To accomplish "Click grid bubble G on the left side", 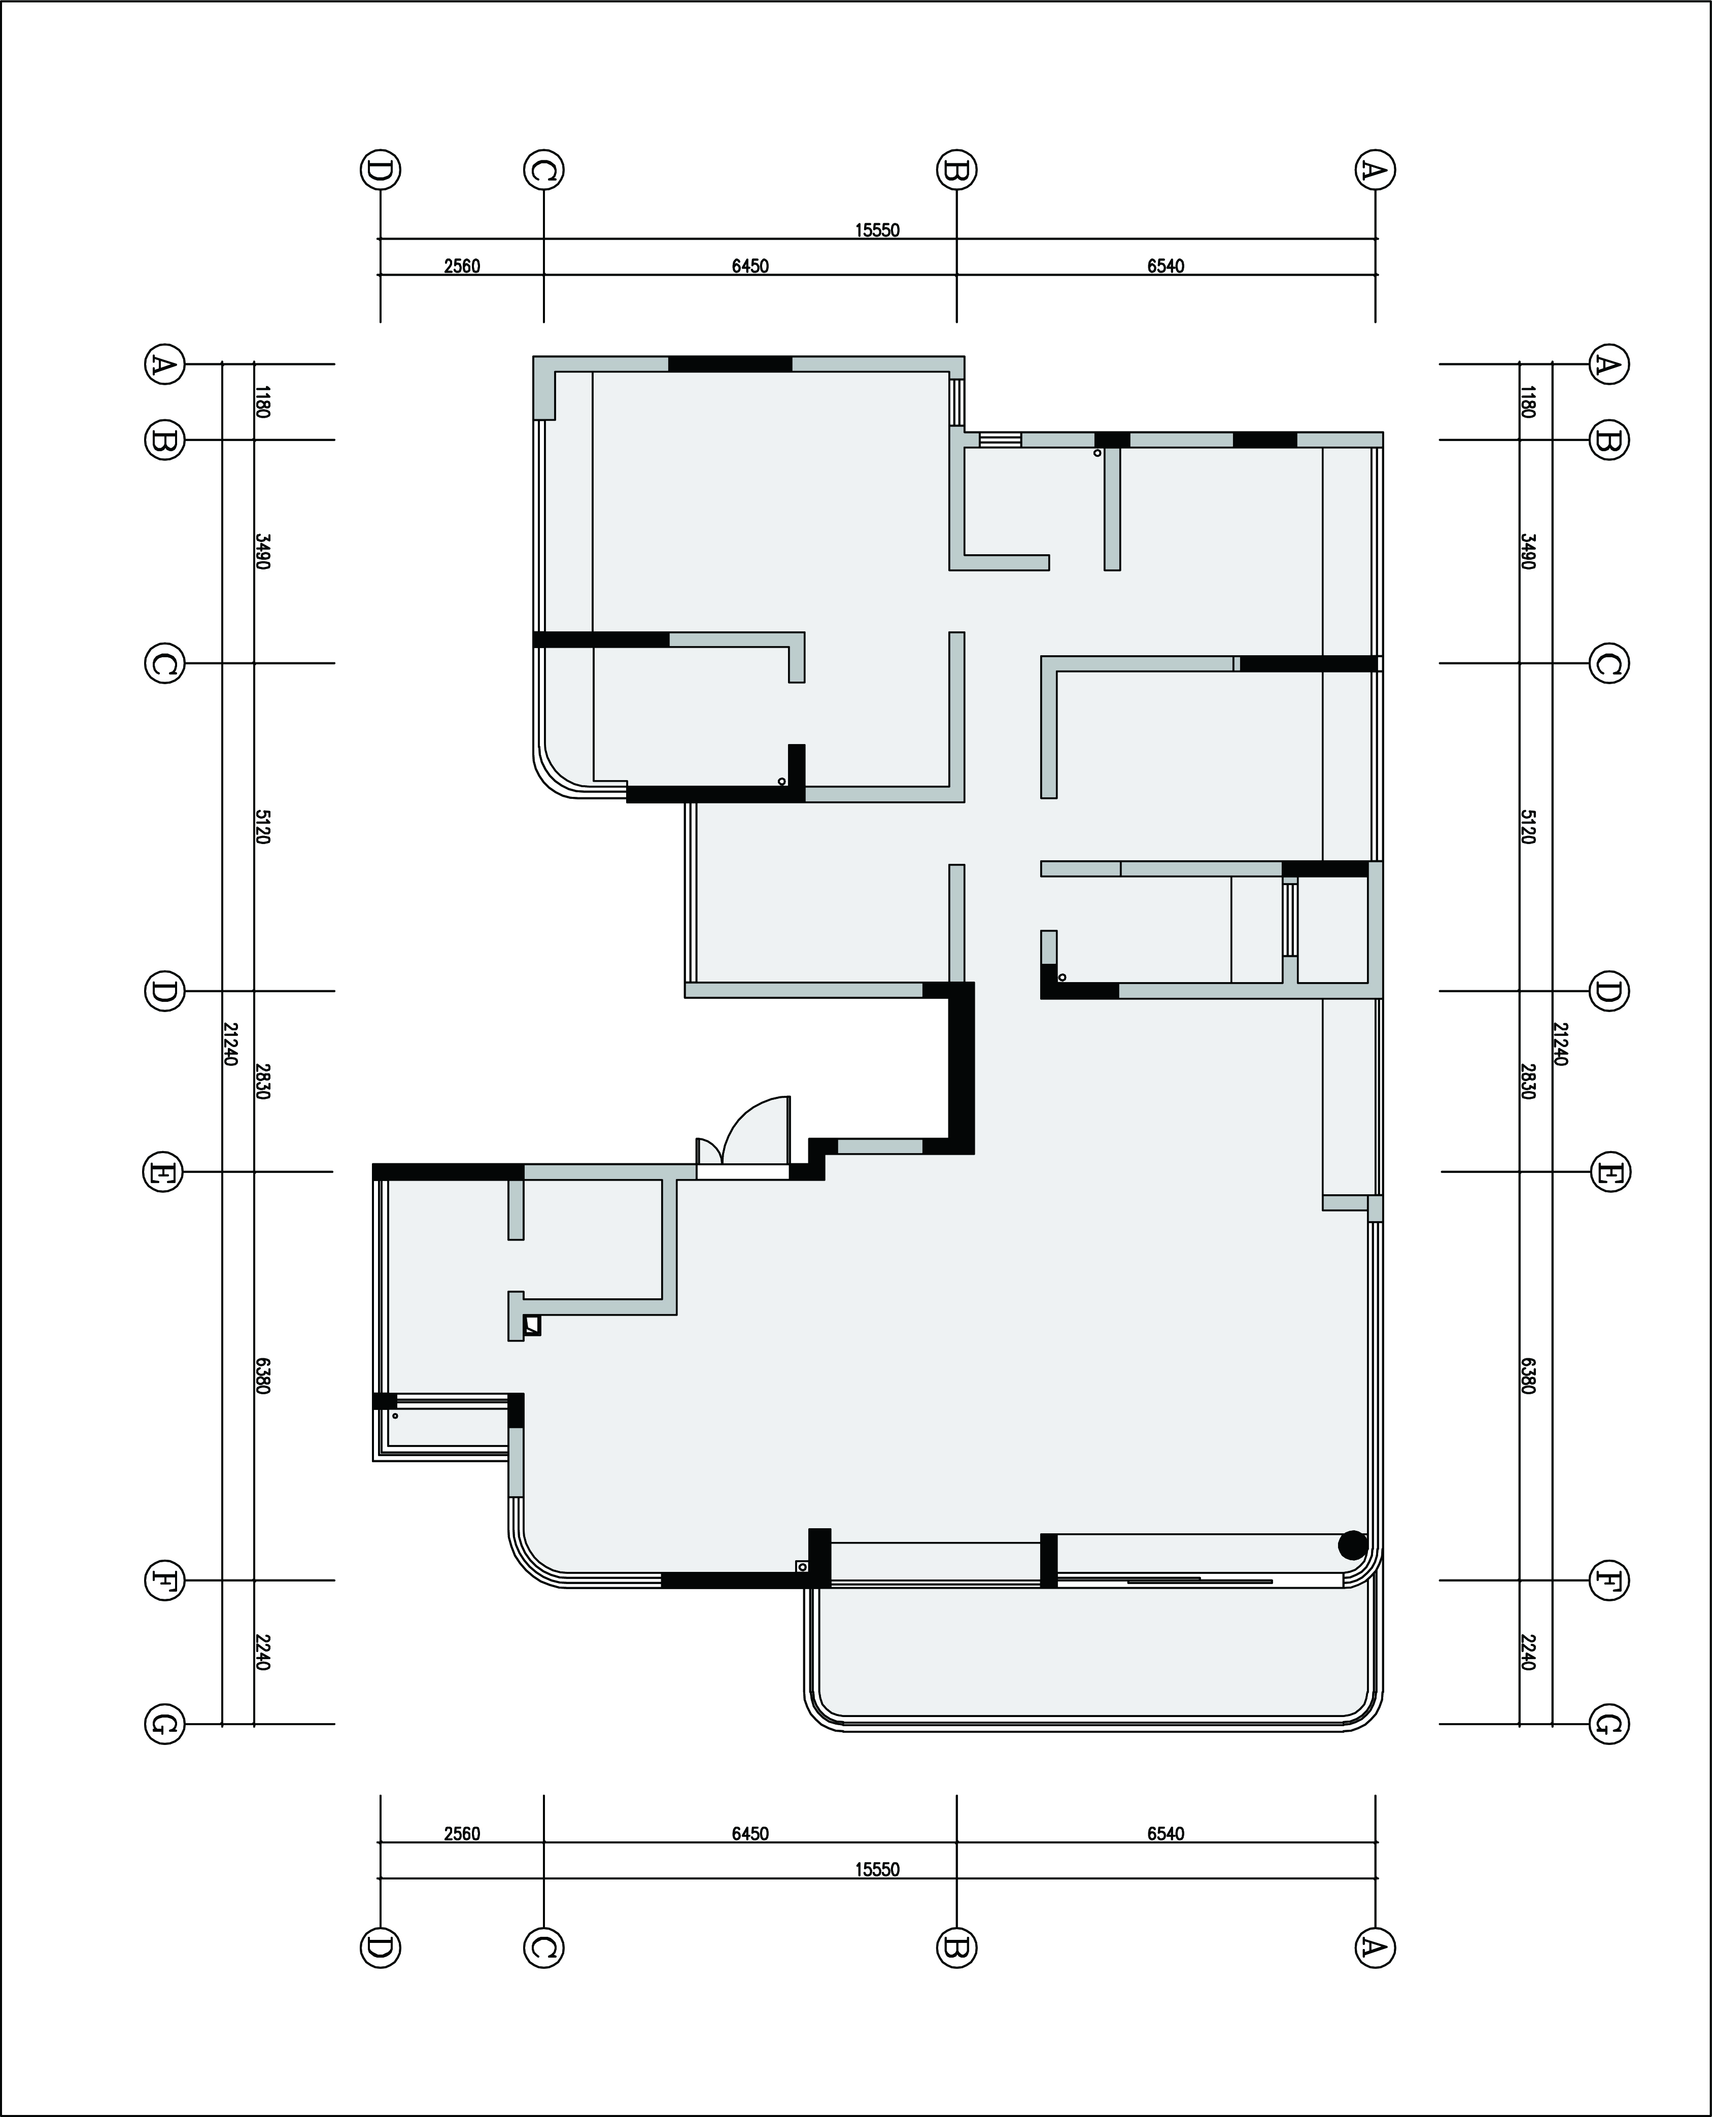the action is click(164, 1724).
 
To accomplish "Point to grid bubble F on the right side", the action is click(1608, 1581).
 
